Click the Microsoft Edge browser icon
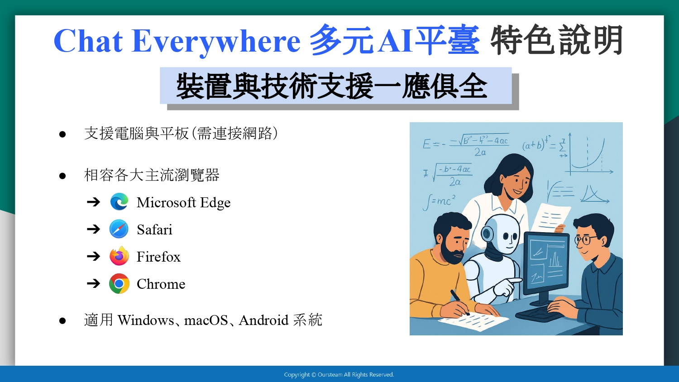click(x=119, y=201)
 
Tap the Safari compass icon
click(x=119, y=229)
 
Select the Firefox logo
click(x=119, y=256)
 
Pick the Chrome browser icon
click(x=119, y=283)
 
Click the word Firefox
click(x=158, y=257)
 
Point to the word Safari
click(x=154, y=229)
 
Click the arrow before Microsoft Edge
click(x=93, y=201)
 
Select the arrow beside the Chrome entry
click(x=93, y=283)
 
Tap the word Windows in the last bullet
click(x=146, y=320)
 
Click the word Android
click(x=263, y=320)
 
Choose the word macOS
click(x=206, y=320)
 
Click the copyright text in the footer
click(x=339, y=375)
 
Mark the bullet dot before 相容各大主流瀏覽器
click(x=62, y=176)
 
